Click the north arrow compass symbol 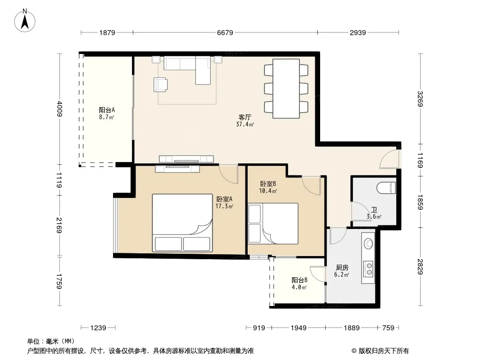coord(25,21)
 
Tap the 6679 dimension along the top coord(225,33)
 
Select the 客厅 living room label coord(245,117)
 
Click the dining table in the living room coord(286,88)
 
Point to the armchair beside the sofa coord(161,85)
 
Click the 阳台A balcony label coord(107,110)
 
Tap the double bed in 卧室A coord(182,223)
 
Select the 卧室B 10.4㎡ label coord(268,187)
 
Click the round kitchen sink coord(368,243)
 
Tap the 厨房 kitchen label coord(342,268)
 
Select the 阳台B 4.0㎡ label coord(299,283)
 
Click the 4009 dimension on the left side coord(60,109)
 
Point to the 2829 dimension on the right coord(420,267)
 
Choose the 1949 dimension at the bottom coord(299,328)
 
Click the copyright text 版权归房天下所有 coord(384,351)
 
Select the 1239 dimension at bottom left coord(98,328)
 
